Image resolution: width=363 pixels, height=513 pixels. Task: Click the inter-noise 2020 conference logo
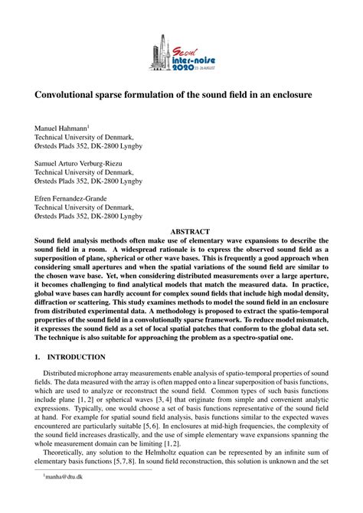point(181,56)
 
